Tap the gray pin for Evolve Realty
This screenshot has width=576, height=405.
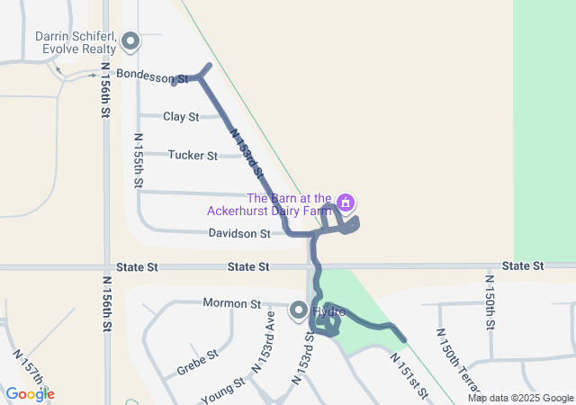130,41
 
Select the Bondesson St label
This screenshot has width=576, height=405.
151,78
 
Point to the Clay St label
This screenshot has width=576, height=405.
181,117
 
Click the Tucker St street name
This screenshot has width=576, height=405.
193,156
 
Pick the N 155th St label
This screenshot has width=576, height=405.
139,160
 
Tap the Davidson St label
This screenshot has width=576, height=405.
239,234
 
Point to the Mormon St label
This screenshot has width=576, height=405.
231,303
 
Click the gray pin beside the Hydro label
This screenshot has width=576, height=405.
298,311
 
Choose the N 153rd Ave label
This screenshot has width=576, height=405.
264,342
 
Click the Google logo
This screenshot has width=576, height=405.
30,393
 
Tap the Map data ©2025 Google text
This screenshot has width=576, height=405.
520,398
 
